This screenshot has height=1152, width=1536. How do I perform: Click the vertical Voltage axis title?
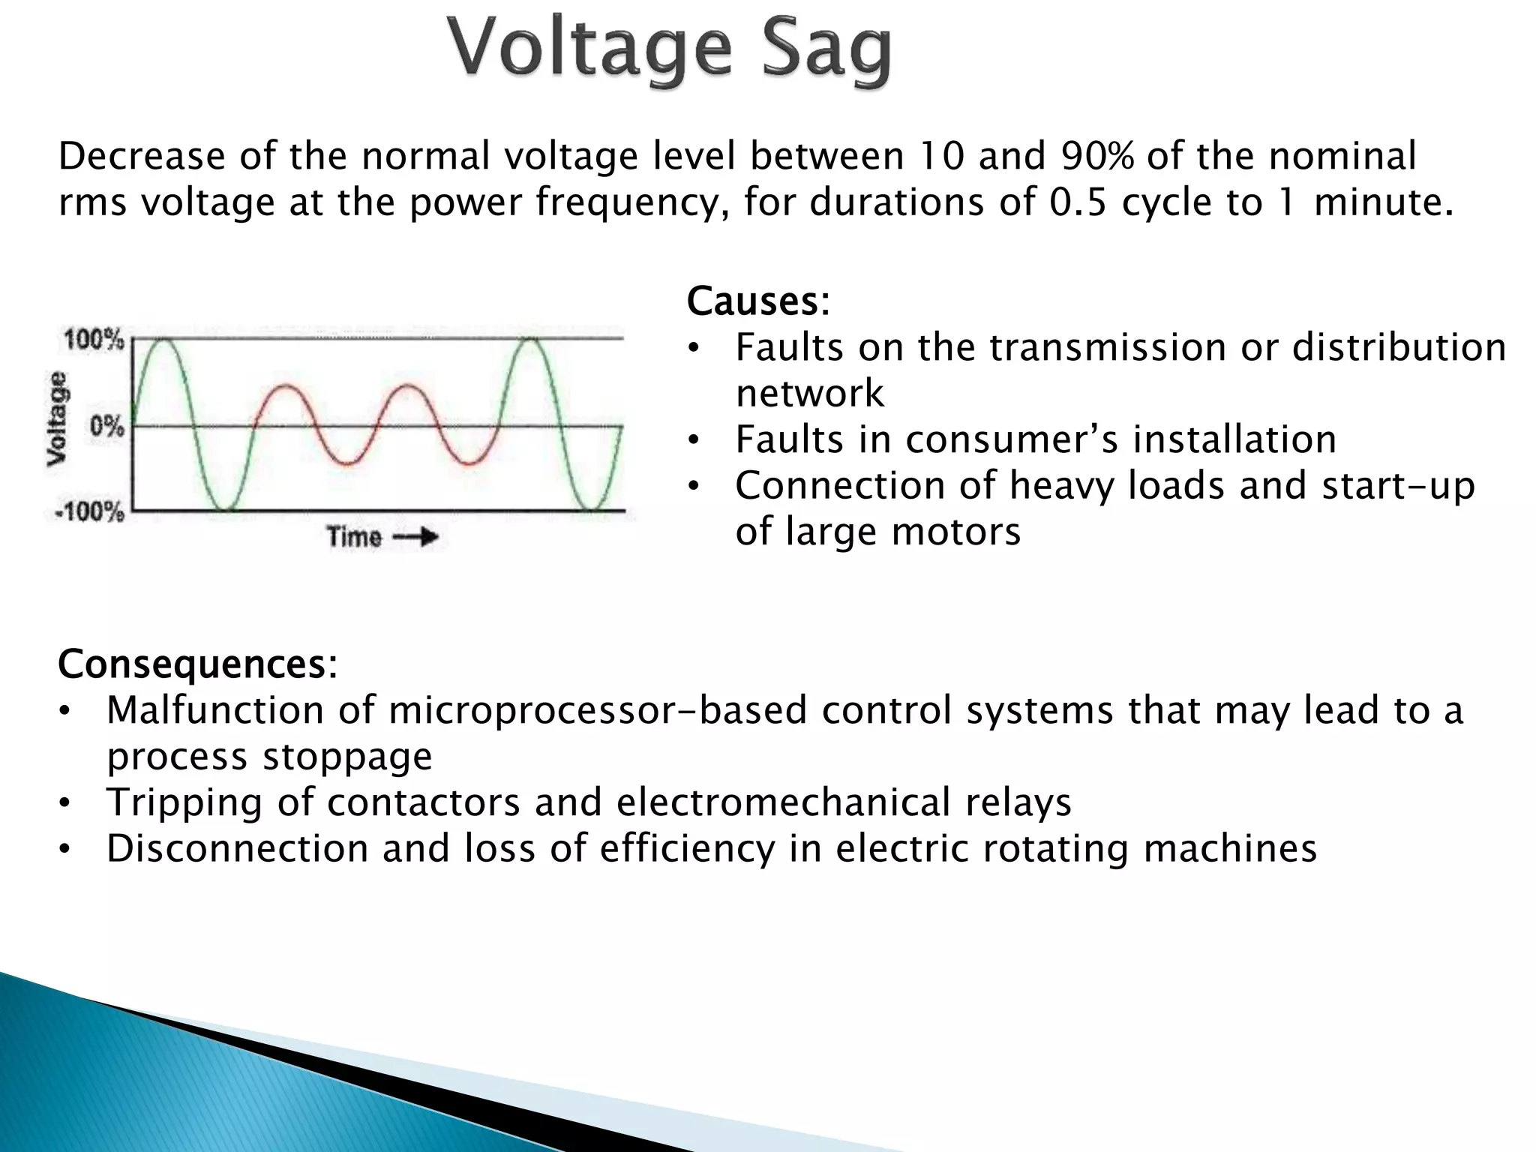pyautogui.click(x=56, y=418)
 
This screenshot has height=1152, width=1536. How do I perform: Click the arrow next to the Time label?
pyautogui.click(x=415, y=537)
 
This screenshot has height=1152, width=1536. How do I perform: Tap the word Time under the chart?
pyautogui.click(x=354, y=537)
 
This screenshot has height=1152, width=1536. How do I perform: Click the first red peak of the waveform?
pyautogui.click(x=286, y=387)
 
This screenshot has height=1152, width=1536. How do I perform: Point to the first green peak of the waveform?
pyautogui.click(x=163, y=341)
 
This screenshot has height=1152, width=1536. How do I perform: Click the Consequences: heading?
pyautogui.click(x=197, y=664)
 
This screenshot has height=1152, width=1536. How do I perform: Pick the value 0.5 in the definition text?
pyautogui.click(x=1078, y=202)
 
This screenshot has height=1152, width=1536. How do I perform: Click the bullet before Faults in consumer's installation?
pyautogui.click(x=694, y=440)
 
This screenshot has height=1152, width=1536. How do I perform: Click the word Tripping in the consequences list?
pyautogui.click(x=184, y=802)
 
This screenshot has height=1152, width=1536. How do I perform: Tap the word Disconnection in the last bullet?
pyautogui.click(x=237, y=849)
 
